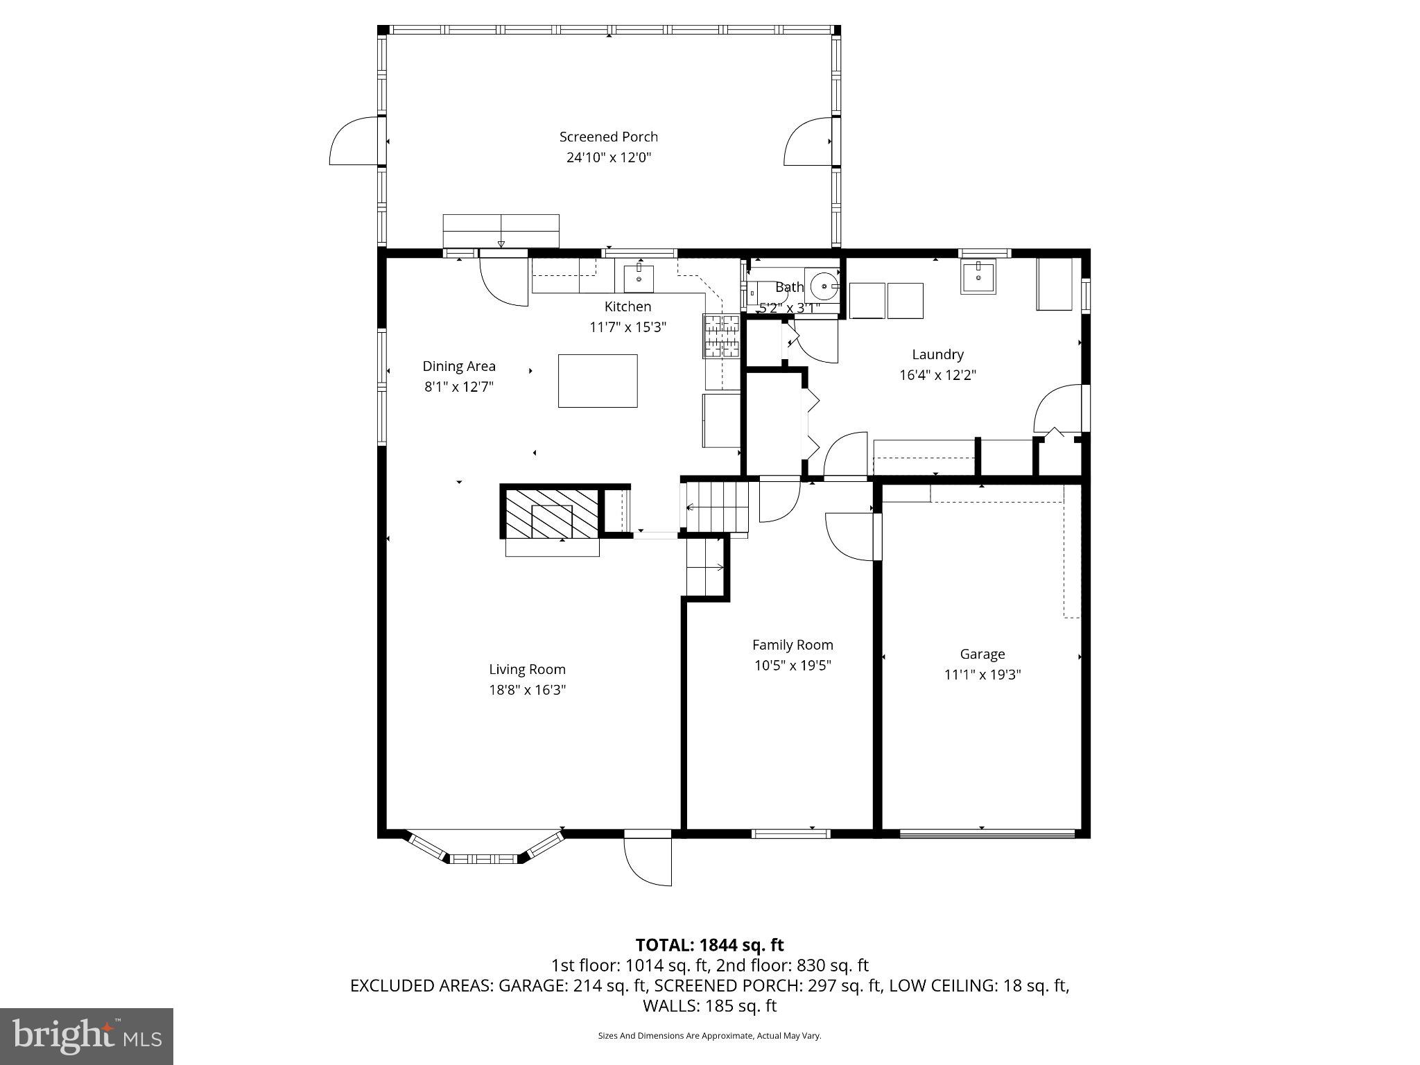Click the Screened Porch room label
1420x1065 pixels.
point(608,137)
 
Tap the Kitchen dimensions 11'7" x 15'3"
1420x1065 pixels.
point(627,327)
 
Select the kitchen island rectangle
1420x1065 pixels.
point(598,381)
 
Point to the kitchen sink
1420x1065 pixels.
point(639,278)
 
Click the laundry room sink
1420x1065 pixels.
point(978,277)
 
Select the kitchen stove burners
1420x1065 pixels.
point(722,336)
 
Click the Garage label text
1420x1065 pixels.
point(982,654)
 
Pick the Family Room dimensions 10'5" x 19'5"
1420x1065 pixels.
point(793,666)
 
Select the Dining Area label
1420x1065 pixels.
point(459,366)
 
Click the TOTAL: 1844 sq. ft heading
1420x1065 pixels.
point(709,945)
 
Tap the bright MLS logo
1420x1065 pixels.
point(87,1036)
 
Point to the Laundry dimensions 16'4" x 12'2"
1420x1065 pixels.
point(937,375)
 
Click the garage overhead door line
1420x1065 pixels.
point(987,834)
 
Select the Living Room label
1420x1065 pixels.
point(527,669)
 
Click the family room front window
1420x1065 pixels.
point(791,833)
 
